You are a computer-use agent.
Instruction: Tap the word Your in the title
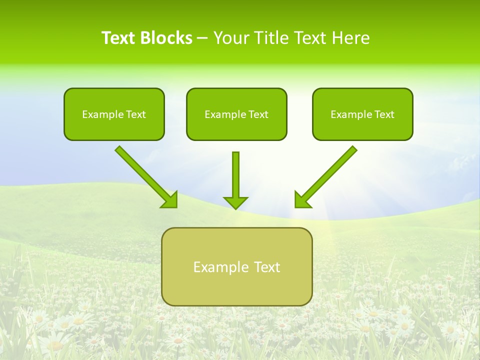click(x=232, y=38)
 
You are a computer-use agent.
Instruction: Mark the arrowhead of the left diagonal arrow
click(x=170, y=200)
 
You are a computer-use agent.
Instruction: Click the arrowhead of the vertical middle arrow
click(x=235, y=202)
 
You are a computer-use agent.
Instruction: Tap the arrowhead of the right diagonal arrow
click(x=302, y=200)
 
